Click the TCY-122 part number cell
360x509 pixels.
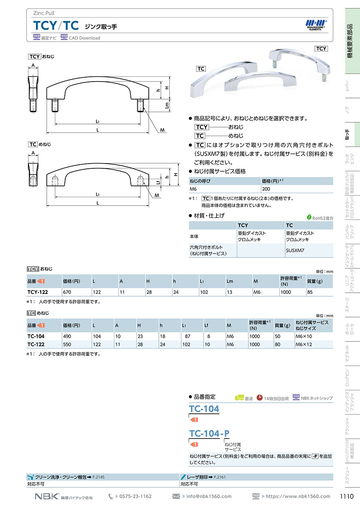38,292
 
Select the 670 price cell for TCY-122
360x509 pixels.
67,292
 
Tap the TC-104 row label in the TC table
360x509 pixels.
36,336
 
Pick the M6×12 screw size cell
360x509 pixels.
304,345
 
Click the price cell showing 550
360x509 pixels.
67,345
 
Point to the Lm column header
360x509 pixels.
230,281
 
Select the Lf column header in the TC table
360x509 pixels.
206,325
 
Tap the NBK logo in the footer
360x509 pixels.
47,497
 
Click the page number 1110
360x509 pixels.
346,496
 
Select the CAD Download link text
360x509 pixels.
84,38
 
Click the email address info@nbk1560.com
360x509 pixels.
209,496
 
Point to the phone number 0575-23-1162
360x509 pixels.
136,496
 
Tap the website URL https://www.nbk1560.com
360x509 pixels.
298,496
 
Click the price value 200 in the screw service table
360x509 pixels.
266,189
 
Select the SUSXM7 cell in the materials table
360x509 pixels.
295,250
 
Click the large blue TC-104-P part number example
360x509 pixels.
209,433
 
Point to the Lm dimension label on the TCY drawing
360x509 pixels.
167,105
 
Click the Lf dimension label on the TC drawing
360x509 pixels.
158,182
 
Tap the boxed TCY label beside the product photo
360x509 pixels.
321,49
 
